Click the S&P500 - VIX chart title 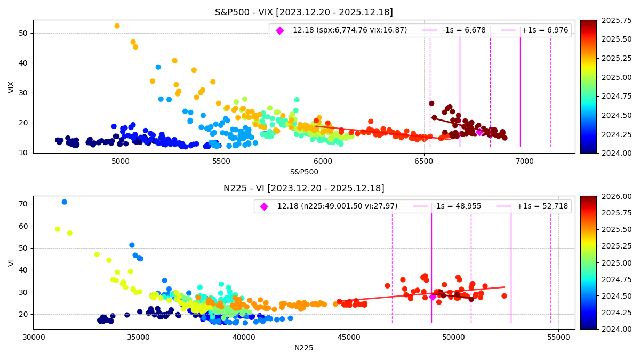coord(303,12)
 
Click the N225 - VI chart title coord(303,188)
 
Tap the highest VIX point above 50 coord(117,26)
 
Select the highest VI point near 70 coord(64,202)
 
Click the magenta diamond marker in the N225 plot coord(433,297)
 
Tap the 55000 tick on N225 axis coord(558,338)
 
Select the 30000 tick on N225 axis coord(34,338)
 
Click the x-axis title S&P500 coord(303,172)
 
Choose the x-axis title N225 coord(303,348)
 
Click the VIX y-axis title coord(11,87)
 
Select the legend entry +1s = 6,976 coord(545,30)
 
